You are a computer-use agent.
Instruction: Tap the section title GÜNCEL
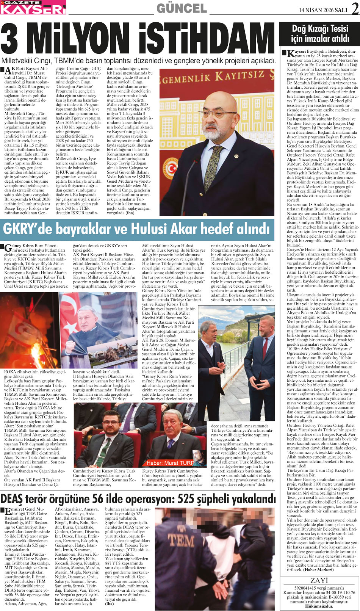pos(182,8)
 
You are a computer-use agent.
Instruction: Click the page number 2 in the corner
pos(354,8)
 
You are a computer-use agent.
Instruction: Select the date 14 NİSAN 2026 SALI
pos(323,10)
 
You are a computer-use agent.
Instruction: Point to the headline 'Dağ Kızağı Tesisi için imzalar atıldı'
pos(319,34)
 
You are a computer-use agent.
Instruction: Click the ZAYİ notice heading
pos(319,580)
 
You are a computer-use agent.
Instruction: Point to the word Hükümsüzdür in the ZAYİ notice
pos(319,606)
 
